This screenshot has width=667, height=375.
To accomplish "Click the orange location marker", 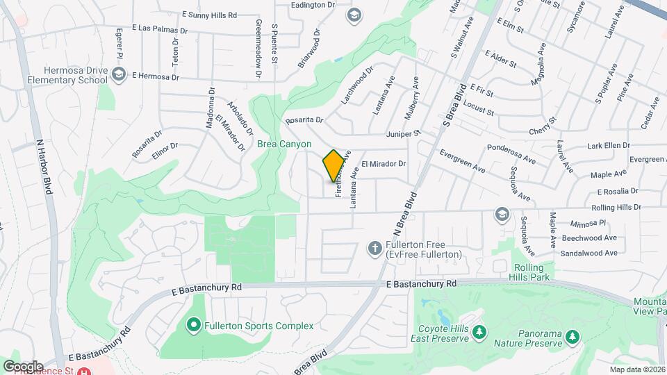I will coord(333,166).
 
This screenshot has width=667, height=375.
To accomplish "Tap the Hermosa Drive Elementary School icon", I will coord(119,75).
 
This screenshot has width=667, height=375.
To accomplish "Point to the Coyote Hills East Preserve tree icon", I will coord(478,333).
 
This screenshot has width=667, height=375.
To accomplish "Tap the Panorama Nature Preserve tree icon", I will coord(572,337).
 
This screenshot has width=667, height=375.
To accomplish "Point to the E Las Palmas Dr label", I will coord(158,31).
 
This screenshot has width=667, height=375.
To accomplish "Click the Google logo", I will coord(23,367).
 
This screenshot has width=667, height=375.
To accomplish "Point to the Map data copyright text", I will coord(637,369).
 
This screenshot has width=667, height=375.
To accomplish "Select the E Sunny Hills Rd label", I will coord(209,14).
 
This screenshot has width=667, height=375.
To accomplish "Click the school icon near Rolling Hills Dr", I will coord(501,214).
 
